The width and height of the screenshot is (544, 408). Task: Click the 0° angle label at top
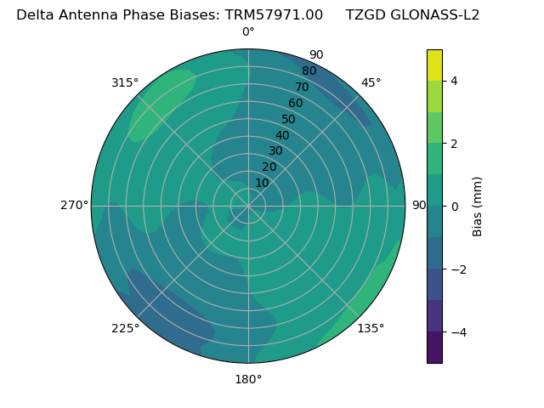click(248, 32)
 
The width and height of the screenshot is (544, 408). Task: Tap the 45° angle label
click(371, 82)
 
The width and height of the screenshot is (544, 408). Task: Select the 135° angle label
click(371, 328)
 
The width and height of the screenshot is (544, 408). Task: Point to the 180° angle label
click(248, 379)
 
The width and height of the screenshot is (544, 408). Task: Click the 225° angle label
click(125, 328)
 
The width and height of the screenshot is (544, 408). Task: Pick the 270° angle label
click(74, 205)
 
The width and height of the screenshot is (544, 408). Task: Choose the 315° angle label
click(125, 82)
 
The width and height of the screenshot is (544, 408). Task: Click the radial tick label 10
click(262, 183)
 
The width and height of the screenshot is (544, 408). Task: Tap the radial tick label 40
click(282, 136)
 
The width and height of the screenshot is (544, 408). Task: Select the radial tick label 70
click(302, 88)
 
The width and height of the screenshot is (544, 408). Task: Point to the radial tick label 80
click(309, 71)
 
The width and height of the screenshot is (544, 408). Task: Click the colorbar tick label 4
click(454, 81)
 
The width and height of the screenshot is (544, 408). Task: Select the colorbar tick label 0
click(454, 207)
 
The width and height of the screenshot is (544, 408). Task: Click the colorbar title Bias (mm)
click(478, 207)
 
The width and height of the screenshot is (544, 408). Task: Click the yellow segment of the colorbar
click(434, 65)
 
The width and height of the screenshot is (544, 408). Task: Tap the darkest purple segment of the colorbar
click(434, 348)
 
